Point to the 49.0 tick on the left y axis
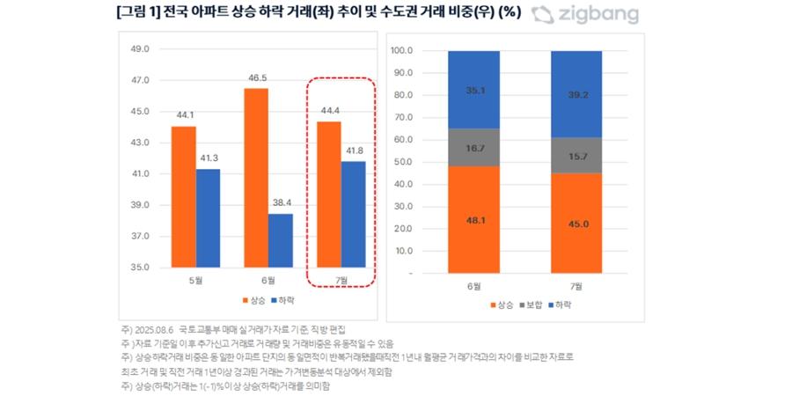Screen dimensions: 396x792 click(x=139, y=49)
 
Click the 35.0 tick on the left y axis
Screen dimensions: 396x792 click(x=139, y=268)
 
